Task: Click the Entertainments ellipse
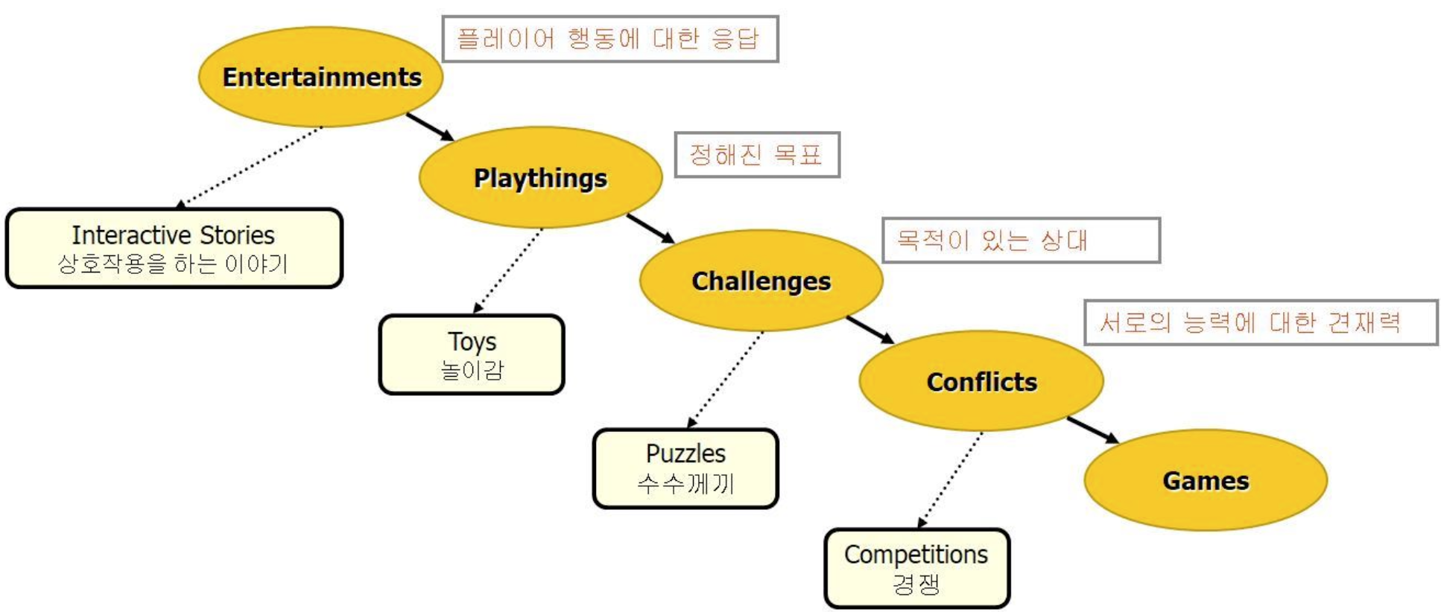320,77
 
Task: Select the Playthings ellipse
540,178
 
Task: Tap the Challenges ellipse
761,281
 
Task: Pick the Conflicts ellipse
981,381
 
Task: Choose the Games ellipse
1205,480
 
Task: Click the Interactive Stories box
174,248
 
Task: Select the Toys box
472,354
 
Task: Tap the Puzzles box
685,468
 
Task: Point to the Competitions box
916,568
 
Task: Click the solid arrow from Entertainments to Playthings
429,127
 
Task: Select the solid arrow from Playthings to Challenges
650,228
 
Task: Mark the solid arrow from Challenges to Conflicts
870,330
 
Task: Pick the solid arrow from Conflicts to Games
1092,430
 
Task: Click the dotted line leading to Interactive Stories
252,165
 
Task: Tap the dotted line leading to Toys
508,270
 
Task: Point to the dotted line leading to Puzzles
725,379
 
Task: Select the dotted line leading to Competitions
951,479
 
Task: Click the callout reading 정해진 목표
756,155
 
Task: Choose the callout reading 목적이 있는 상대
1020,240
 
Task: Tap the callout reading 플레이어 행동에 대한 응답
609,39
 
